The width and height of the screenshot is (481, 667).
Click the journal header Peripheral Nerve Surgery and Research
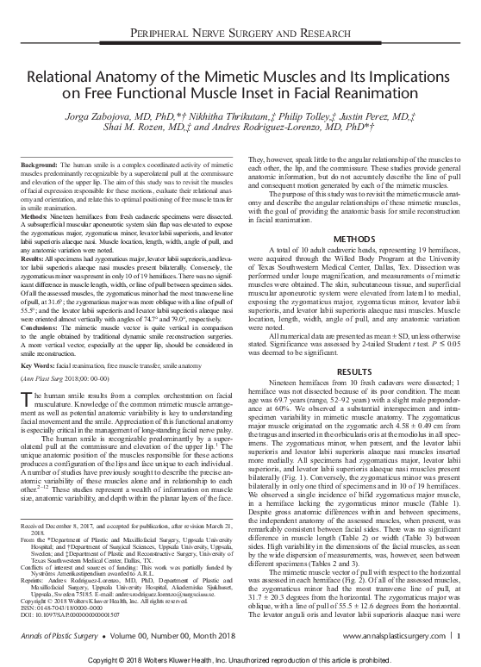[x=240, y=34]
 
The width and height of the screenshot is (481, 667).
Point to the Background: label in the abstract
[x=40, y=140]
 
